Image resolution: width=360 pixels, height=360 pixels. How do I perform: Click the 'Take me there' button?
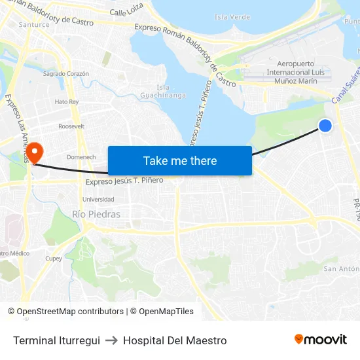click(179, 160)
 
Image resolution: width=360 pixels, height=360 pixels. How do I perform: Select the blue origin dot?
click(325, 126)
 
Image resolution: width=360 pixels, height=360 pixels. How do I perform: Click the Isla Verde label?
click(232, 16)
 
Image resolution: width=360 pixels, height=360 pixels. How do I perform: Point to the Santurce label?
click(34, 24)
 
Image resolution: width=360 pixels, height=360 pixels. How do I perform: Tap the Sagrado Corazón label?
click(65, 74)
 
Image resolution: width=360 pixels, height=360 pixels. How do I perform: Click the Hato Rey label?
click(66, 101)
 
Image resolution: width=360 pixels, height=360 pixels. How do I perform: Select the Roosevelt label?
click(71, 126)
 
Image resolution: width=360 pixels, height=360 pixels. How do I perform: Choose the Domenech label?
click(81, 157)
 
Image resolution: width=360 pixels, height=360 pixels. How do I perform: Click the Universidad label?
click(98, 199)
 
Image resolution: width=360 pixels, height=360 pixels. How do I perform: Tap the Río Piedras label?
click(96, 214)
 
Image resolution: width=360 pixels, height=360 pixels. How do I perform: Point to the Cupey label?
click(54, 259)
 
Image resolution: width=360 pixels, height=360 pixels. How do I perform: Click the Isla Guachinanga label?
click(163, 91)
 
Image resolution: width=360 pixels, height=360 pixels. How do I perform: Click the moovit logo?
click(320, 340)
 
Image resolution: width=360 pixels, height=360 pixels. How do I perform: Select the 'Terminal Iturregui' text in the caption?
click(56, 340)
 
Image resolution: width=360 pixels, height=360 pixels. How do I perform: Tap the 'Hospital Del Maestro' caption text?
click(175, 340)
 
